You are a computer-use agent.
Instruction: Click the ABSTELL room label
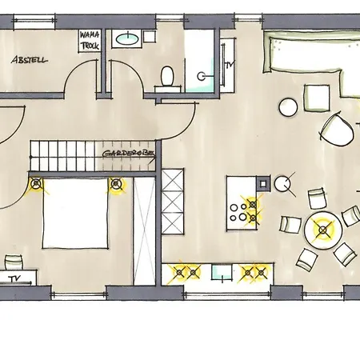pos(30,60)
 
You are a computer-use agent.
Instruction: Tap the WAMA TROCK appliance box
pos(90,41)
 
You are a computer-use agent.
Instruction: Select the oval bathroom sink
pos(127,39)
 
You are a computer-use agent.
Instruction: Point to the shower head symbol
pos(201,76)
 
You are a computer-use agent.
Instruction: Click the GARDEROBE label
pos(129,154)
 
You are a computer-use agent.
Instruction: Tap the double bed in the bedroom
pos(75,214)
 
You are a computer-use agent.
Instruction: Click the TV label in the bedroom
pos(14,278)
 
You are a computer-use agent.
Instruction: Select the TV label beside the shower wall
pos(228,64)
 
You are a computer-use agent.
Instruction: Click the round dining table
pos(323,230)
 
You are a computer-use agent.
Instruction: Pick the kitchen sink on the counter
pos(222,272)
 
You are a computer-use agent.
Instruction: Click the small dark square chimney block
pos(263,183)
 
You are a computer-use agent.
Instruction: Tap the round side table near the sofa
pos(288,107)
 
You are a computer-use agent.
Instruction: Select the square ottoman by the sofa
pos(317,98)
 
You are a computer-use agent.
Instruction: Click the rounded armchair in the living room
pos(338,130)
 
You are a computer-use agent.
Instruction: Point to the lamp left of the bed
pos(36,183)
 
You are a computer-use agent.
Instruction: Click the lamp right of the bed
pos(115,184)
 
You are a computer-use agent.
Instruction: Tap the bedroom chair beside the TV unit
pos(14,262)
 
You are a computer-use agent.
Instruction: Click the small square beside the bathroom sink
pos(150,37)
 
